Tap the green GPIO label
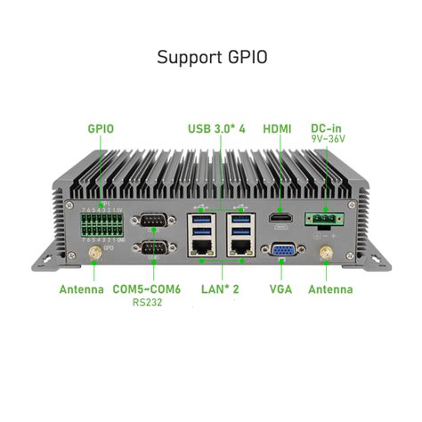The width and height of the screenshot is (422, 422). pos(101,128)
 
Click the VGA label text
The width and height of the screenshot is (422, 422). pos(280,289)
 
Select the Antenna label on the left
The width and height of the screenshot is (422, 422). pos(81,289)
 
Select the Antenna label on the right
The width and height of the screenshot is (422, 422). pos(330,289)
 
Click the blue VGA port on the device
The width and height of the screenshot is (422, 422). pos(283,252)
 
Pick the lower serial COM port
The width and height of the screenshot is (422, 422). pos(151,250)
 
